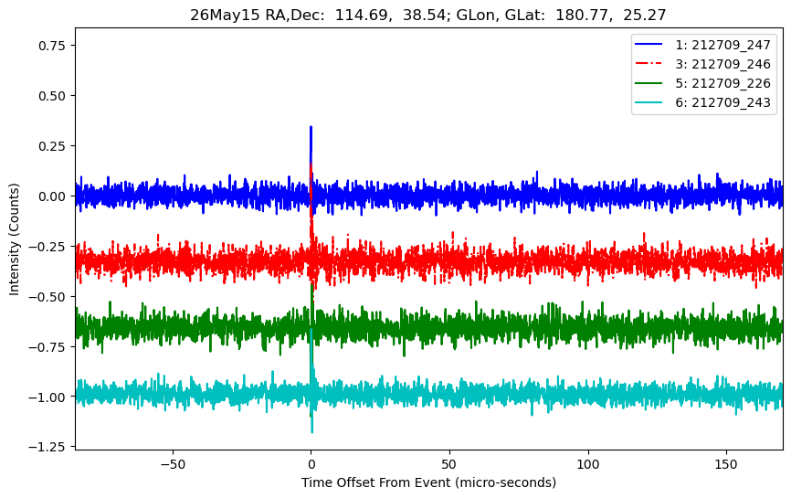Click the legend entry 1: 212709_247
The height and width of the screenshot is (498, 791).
pyautogui.click(x=702, y=45)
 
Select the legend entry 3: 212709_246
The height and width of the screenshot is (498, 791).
pyautogui.click(x=702, y=64)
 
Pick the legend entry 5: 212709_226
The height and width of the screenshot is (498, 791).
pyautogui.click(x=702, y=83)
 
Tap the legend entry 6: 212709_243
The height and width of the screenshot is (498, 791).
pyautogui.click(x=702, y=102)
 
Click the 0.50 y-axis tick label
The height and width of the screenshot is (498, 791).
pyautogui.click(x=52, y=96)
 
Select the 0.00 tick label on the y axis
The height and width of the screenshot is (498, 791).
pyautogui.click(x=52, y=196)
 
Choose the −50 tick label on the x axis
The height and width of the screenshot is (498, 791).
pyautogui.click(x=173, y=464)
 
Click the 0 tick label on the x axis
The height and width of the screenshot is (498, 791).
pyautogui.click(x=311, y=464)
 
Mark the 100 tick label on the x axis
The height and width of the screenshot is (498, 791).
pyautogui.click(x=588, y=464)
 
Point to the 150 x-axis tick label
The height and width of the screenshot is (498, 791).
pyautogui.click(x=726, y=464)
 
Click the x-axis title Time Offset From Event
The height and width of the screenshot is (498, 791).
pyautogui.click(x=375, y=482)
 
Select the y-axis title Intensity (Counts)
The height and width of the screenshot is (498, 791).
pyautogui.click(x=14, y=239)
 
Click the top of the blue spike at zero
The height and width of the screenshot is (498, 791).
pyautogui.click(x=311, y=127)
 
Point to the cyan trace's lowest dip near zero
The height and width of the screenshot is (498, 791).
pyautogui.click(x=311, y=432)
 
